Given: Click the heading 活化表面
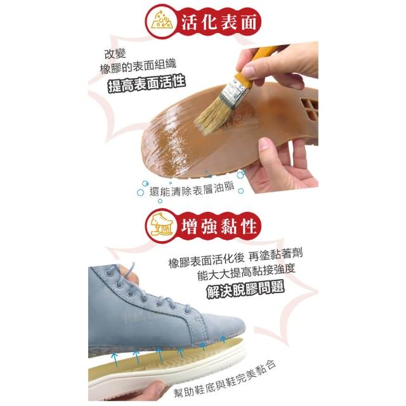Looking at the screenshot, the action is pyautogui.click(x=219, y=22).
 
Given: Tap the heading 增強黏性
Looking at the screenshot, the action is pyautogui.click(x=219, y=226).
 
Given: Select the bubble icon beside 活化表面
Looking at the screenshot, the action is pyautogui.click(x=161, y=21).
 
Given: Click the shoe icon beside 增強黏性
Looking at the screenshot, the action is pyautogui.click(x=161, y=225).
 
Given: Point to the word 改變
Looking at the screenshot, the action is pyautogui.click(x=115, y=54).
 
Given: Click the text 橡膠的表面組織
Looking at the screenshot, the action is pyautogui.click(x=138, y=67).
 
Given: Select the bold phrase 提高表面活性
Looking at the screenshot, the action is pyautogui.click(x=147, y=83).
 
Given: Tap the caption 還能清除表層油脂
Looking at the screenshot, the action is pyautogui.click(x=192, y=189).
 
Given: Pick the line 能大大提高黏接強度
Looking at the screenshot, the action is pyautogui.click(x=246, y=273).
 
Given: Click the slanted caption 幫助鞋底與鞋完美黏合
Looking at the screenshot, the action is pyautogui.click(x=225, y=381).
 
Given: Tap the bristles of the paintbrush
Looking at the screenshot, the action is pyautogui.click(x=210, y=119).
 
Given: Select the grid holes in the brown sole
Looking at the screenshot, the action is pyautogui.click(x=310, y=107).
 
